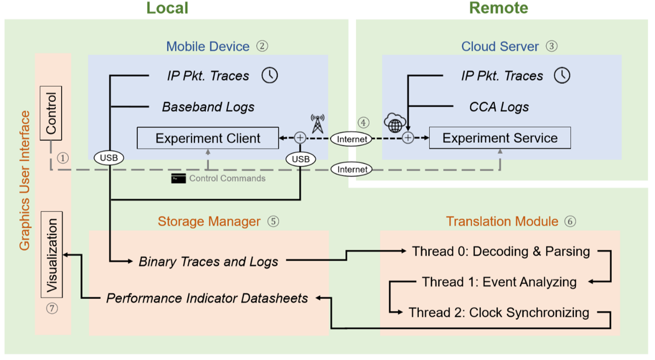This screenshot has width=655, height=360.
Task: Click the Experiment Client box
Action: [x=208, y=138]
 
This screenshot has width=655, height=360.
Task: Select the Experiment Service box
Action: [x=499, y=138]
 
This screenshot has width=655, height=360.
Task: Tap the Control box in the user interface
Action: [x=51, y=113]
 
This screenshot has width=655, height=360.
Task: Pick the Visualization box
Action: [x=52, y=255]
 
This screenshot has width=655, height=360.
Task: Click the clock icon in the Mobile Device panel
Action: [x=270, y=76]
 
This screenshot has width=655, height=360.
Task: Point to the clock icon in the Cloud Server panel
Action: [x=562, y=76]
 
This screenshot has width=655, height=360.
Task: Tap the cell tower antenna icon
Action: [x=317, y=123]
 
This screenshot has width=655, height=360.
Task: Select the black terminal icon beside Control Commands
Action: [x=178, y=179]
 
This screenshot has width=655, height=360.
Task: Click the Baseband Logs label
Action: [x=208, y=107]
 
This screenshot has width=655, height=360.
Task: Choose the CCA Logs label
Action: [x=499, y=107]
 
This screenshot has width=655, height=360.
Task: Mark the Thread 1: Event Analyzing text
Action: [x=499, y=282]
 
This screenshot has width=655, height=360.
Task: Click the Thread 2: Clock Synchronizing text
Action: [x=499, y=313]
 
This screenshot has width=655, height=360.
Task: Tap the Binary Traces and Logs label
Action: [x=208, y=262]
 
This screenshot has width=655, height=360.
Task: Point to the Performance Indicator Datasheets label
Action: [x=207, y=298]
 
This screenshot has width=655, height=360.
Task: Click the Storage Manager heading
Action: [x=209, y=221]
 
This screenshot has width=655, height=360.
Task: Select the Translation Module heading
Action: [x=502, y=221]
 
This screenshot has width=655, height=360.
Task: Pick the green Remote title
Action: [x=498, y=8]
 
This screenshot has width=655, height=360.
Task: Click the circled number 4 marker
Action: [x=364, y=122]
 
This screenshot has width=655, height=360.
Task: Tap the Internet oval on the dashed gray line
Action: [x=352, y=170]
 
